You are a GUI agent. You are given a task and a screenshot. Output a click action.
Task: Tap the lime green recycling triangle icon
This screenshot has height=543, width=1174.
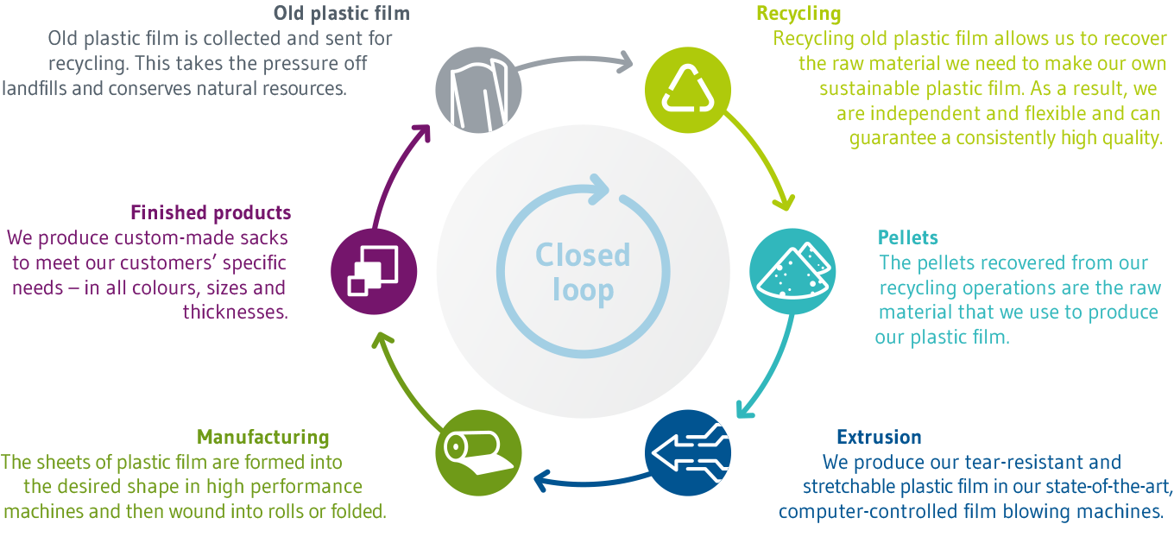click(688, 87)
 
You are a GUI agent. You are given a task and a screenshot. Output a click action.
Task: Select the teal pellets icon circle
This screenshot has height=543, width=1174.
click(792, 270)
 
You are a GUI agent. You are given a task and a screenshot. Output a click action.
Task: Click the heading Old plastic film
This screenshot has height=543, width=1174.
click(341, 14)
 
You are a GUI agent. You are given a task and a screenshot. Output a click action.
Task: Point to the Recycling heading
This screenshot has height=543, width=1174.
click(798, 14)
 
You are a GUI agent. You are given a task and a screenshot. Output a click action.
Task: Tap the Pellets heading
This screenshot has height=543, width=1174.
click(907, 237)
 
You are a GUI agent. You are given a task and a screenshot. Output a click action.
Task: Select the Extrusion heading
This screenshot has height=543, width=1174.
click(879, 437)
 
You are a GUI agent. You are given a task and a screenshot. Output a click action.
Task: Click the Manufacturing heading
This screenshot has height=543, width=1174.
click(263, 437)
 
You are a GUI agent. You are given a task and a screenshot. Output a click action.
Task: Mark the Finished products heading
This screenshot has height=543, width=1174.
click(211, 212)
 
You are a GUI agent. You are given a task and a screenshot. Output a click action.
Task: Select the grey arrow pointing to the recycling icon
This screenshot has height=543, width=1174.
click(574, 62)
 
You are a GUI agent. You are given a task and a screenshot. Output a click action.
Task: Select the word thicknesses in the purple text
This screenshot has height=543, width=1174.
click(235, 313)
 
